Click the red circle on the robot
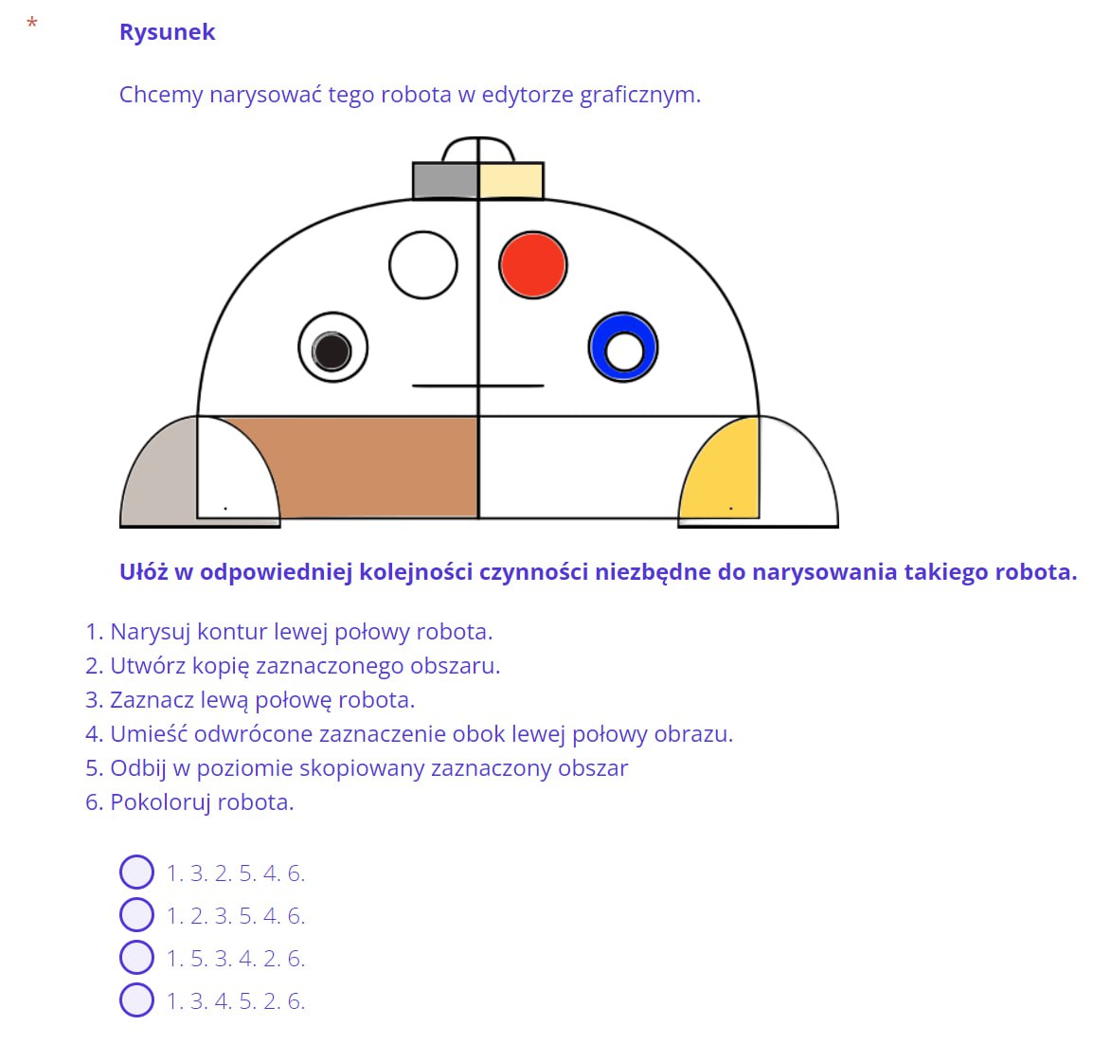533,265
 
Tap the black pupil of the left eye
332,351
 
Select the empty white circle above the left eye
423,265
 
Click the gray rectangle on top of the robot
446,181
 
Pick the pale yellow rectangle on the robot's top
511,181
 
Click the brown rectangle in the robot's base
375,468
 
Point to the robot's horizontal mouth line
478,386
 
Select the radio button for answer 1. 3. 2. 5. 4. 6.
136,872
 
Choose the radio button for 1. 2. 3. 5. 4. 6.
136,914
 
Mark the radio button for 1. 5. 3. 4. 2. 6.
136,957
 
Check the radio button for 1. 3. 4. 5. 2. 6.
136,1000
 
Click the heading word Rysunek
168,32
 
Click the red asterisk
32,23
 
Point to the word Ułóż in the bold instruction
143,571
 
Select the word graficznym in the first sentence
640,95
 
